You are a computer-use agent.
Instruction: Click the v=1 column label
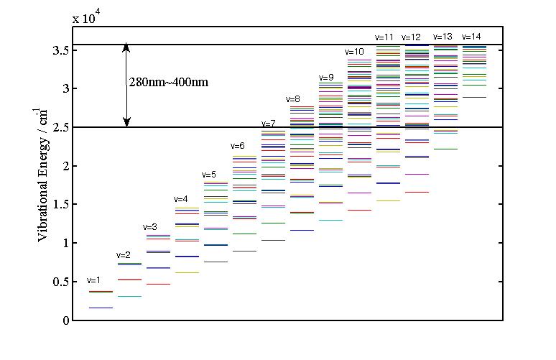(93, 280)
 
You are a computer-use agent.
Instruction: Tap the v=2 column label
(123, 255)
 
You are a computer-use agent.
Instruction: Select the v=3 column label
(152, 227)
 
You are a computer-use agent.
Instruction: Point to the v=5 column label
(209, 175)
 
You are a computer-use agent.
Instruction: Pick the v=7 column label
(268, 124)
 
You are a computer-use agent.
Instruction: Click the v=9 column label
(326, 78)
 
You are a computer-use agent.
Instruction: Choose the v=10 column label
(354, 52)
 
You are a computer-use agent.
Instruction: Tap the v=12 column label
(412, 37)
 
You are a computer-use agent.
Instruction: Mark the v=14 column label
(471, 37)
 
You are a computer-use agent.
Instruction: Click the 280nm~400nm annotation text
(169, 83)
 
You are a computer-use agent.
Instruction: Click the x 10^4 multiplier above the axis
(85, 19)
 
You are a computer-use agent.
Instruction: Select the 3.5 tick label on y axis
(60, 50)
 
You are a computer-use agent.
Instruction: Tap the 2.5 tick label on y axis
(60, 128)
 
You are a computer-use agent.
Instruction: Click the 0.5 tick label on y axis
(60, 282)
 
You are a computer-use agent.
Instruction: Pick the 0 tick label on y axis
(66, 320)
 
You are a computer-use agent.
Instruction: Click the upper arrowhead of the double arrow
(126, 48)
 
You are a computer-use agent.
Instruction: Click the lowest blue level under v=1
(101, 308)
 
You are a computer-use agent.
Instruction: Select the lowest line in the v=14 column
(474, 97)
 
